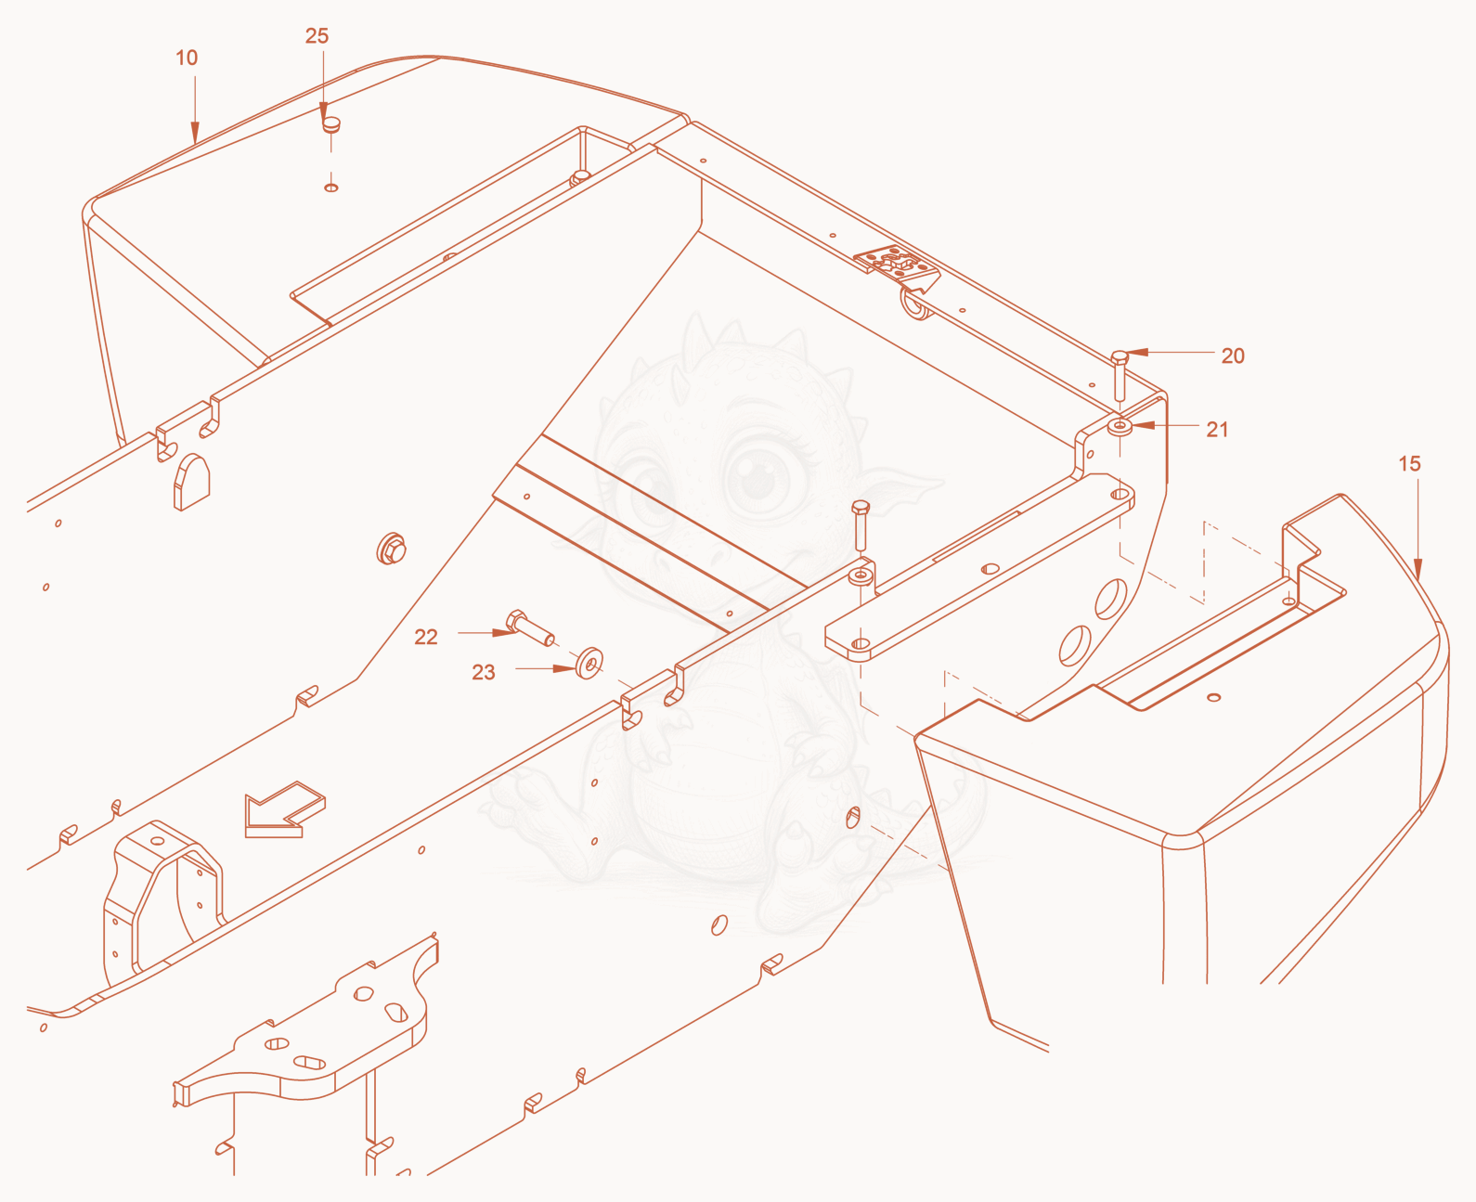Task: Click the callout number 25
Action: coord(317,36)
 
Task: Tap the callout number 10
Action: coord(187,58)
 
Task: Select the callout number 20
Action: coord(1233,356)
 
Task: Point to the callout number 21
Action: coord(1217,430)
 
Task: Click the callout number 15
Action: coord(1409,463)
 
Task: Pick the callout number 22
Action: coord(425,637)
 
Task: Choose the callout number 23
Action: coord(483,672)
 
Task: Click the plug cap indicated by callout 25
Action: coord(331,125)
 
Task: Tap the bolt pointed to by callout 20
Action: coord(1120,376)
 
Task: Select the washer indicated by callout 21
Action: coord(1120,425)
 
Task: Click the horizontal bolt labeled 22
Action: coord(530,628)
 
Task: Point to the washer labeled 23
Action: coord(589,663)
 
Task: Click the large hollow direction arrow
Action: coord(285,809)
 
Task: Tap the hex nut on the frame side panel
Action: coord(392,549)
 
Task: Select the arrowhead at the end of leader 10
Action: coord(196,133)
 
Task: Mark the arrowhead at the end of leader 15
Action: coord(1418,570)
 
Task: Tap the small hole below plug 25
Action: coord(331,187)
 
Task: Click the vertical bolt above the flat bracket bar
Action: coord(860,525)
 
